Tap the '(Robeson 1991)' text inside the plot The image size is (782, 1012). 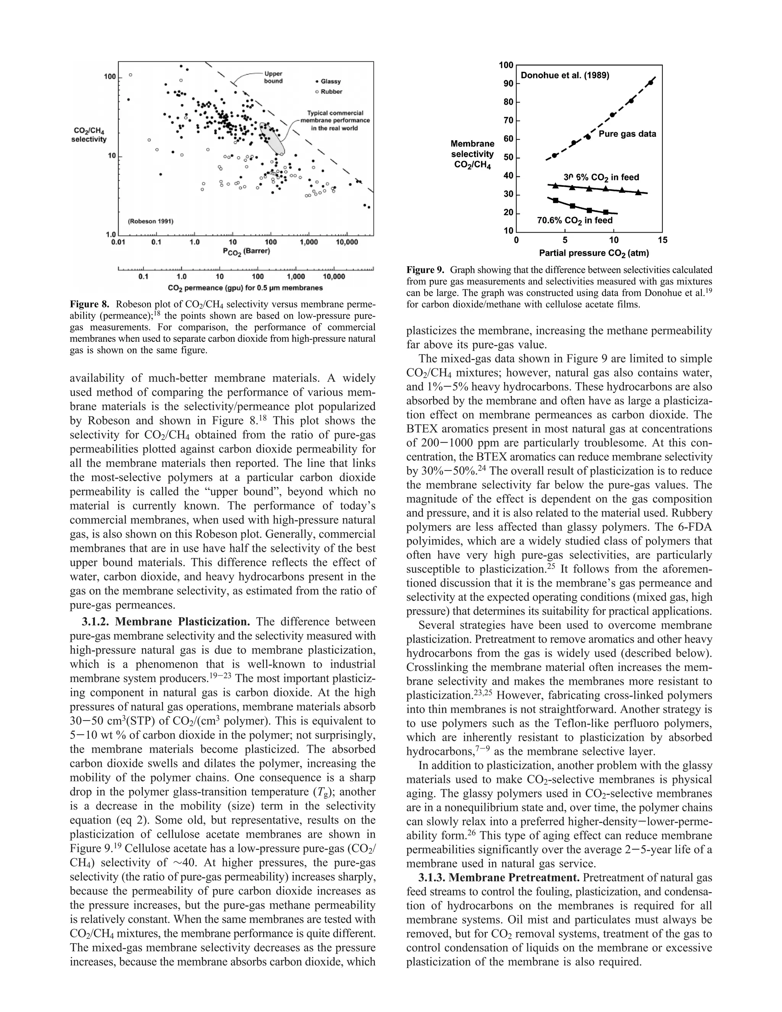150,221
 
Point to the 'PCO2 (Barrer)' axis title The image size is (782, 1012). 246,252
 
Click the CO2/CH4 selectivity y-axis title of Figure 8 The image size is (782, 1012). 89,135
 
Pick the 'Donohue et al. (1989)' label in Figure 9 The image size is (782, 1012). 565,75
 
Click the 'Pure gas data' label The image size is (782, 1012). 627,134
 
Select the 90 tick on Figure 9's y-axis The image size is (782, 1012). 508,83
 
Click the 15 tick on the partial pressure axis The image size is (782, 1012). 662,240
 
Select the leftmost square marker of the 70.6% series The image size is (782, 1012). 556,200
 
